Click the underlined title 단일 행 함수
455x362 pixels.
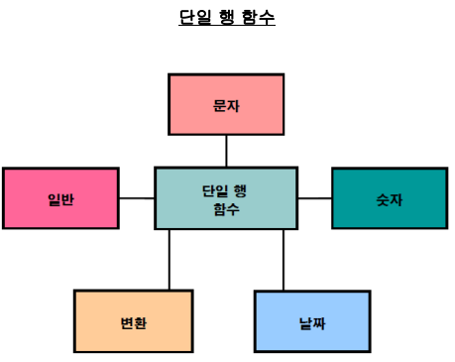[x=227, y=17]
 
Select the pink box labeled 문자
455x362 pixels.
[x=226, y=104]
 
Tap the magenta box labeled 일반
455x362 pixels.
[x=60, y=198]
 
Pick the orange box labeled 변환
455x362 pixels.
[x=133, y=321]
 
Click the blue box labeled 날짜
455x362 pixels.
[x=312, y=321]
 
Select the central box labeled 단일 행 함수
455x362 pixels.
[x=226, y=198]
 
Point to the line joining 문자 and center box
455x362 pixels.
[x=226, y=151]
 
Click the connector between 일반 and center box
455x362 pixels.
[x=137, y=198]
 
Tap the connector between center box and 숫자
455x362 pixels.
[x=314, y=198]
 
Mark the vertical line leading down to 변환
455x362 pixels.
[x=170, y=259]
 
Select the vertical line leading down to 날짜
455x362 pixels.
[x=284, y=259]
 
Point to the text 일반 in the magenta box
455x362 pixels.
[x=60, y=199]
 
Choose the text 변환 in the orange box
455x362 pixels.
[x=133, y=322]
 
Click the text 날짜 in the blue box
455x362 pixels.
[x=312, y=322]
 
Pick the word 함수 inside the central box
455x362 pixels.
[x=226, y=208]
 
